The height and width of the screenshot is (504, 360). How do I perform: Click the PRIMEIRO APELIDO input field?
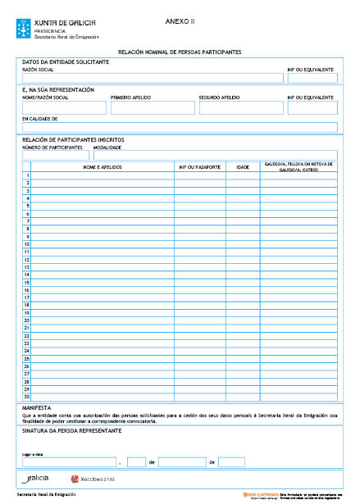tap(152, 107)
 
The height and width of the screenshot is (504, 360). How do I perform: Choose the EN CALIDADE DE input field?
tap(180, 127)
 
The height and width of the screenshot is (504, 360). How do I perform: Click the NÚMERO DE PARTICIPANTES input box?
tap(56, 155)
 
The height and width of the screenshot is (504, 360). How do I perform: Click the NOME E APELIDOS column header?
tap(103, 167)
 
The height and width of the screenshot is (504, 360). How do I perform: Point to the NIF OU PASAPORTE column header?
tap(199, 167)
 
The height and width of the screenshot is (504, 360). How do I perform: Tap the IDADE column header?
tap(243, 167)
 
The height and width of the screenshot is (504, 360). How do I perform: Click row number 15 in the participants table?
tap(27, 282)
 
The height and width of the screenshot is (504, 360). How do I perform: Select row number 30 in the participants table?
tap(27, 397)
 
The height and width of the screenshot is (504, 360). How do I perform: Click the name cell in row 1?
tap(103, 175)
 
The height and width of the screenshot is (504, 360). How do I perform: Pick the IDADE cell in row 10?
tap(243, 244)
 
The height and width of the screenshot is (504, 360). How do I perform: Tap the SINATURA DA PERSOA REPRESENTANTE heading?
tap(72, 430)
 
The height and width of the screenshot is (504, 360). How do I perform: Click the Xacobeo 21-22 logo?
tap(95, 478)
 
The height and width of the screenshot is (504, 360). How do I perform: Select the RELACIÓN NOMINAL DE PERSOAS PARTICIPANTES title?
tap(180, 52)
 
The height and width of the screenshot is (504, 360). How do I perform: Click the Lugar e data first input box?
tap(69, 462)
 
